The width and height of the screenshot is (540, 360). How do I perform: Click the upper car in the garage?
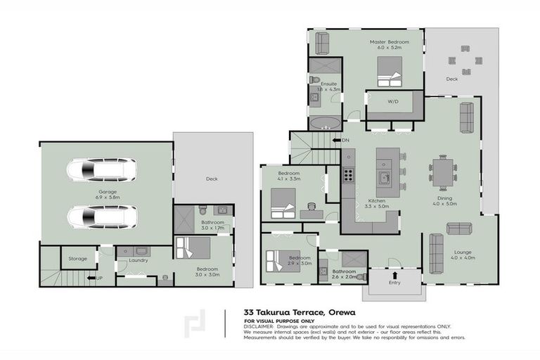click(x=101, y=169)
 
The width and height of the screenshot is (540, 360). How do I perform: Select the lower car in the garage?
click(x=101, y=215)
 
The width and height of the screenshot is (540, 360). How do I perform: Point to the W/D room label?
click(x=393, y=102)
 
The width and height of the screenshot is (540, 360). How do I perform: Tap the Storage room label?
click(x=77, y=258)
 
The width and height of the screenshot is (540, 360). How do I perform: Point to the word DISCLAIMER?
click(x=260, y=327)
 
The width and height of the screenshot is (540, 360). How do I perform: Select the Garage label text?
click(x=108, y=192)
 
